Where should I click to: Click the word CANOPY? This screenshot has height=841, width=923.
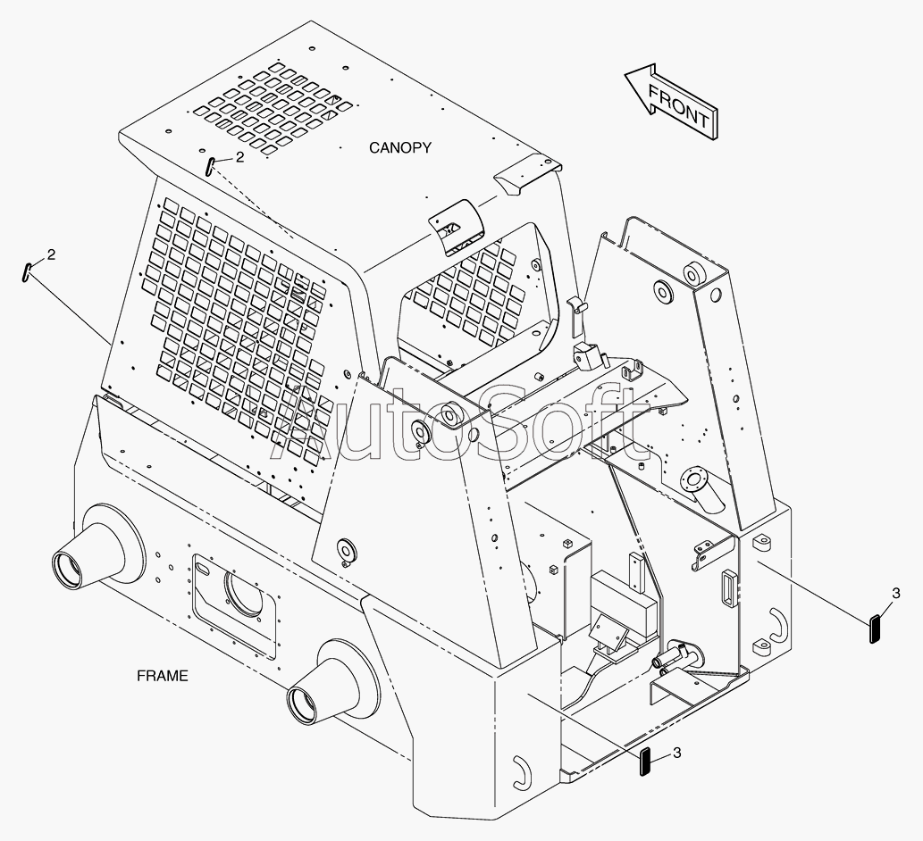(x=400, y=147)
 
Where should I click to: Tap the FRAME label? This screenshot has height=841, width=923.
(x=163, y=676)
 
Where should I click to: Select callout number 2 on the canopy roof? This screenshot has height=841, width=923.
(x=239, y=157)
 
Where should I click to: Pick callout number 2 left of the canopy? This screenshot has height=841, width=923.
(x=51, y=254)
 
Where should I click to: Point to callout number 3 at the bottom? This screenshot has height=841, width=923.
(x=676, y=753)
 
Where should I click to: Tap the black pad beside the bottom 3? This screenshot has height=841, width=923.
(x=645, y=762)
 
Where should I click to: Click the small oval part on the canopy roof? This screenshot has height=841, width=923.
(x=208, y=166)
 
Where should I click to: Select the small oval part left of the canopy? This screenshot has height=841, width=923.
(x=27, y=271)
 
